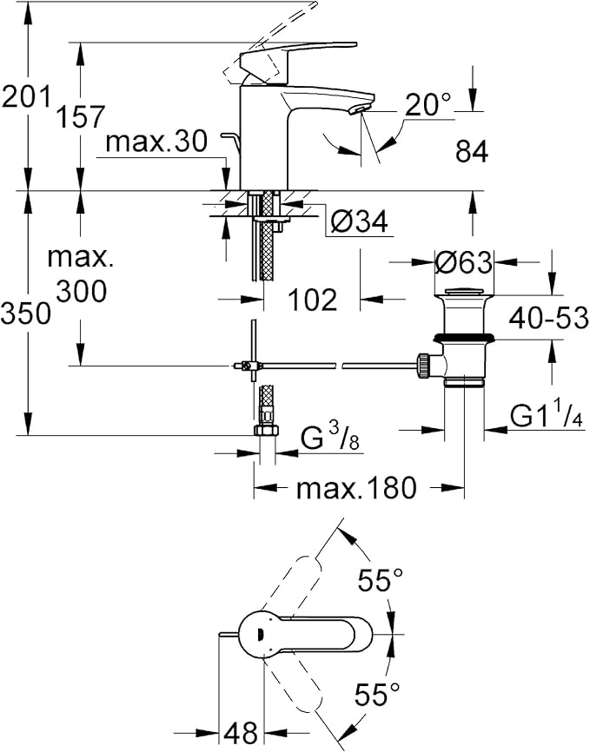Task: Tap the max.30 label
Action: click(x=156, y=142)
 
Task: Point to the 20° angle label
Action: click(x=428, y=105)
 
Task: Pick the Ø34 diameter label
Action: click(x=358, y=222)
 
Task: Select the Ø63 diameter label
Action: click(x=463, y=261)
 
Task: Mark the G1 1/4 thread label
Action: click(x=544, y=417)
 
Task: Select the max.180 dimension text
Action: click(x=357, y=488)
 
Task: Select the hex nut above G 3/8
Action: click(x=263, y=430)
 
